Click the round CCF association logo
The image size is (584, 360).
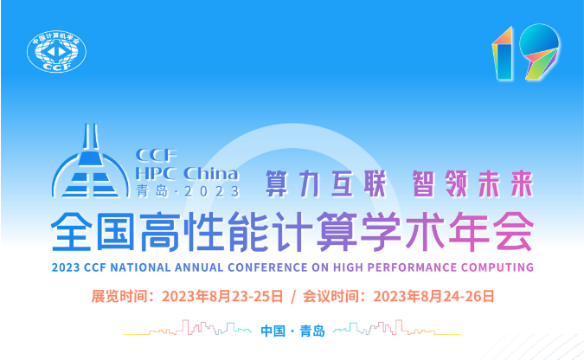(x=56, y=51)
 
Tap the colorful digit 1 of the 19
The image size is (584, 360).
(x=503, y=53)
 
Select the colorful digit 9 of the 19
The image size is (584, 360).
(x=539, y=51)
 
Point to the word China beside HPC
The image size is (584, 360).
(x=211, y=174)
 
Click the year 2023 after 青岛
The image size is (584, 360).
(x=212, y=191)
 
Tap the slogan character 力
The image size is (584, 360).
(x=309, y=183)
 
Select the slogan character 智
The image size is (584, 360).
(x=423, y=183)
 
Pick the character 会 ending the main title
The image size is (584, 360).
(x=513, y=231)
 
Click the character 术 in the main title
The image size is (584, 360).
(x=425, y=231)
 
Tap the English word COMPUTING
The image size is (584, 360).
(x=497, y=267)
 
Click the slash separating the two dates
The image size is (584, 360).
(x=293, y=297)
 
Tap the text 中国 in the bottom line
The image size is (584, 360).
(x=273, y=331)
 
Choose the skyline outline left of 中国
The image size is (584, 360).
(x=188, y=327)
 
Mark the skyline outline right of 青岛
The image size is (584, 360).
(x=397, y=327)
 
